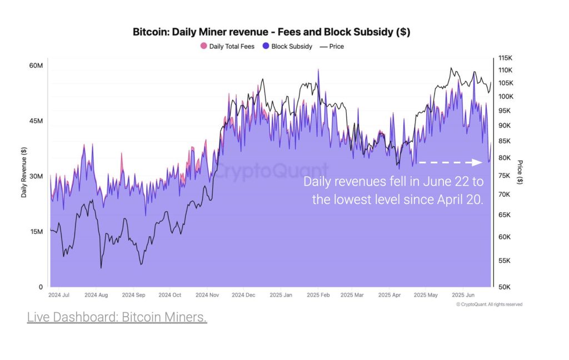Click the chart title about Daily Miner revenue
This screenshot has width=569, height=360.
coord(271,32)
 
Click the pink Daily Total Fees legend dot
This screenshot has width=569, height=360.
coord(203,46)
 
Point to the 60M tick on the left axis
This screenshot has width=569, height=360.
coord(36,66)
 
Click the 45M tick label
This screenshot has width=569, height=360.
coord(36,121)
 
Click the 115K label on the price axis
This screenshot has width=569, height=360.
coord(505,58)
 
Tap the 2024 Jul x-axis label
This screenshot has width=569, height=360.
coord(58,295)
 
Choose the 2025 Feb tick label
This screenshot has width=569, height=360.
coord(318,295)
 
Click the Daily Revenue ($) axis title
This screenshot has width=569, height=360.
coord(24,172)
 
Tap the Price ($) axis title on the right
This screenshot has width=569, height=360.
coord(520,172)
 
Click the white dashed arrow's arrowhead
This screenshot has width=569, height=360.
coord(477,162)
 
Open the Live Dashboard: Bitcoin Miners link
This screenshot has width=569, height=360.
coord(117,317)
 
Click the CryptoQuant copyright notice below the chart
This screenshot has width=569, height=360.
coord(489,304)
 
